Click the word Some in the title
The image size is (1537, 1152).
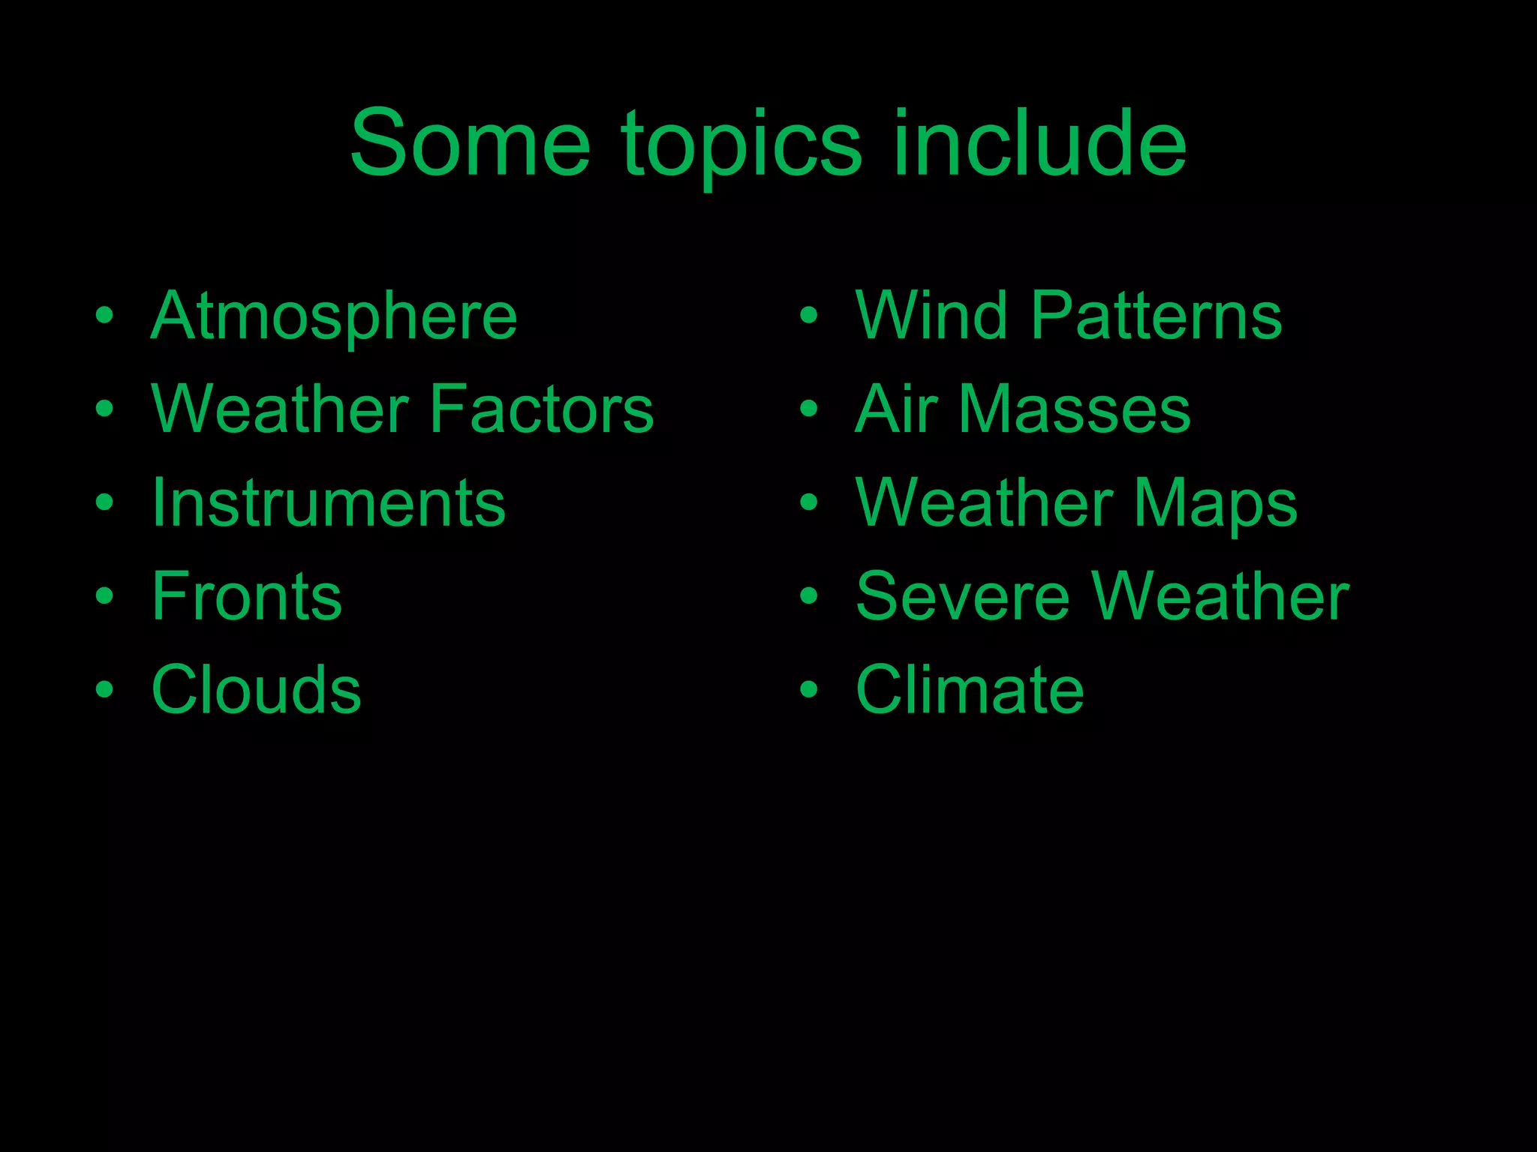coord(471,143)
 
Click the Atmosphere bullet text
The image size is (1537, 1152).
coord(334,316)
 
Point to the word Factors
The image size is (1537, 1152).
coord(541,409)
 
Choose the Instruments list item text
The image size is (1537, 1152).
coord(329,502)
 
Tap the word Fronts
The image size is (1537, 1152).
coord(247,596)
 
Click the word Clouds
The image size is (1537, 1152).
coord(256,689)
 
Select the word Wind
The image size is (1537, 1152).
coord(931,315)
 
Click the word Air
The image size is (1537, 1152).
coord(896,409)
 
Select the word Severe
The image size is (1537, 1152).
coord(962,596)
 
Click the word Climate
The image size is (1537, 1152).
coord(970,689)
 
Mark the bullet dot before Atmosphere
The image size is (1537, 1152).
coord(104,316)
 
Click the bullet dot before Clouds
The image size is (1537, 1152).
coord(104,689)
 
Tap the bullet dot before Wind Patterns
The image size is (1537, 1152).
coord(808,316)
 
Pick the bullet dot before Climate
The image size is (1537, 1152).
coord(808,689)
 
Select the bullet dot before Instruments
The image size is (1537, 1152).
coord(104,502)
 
